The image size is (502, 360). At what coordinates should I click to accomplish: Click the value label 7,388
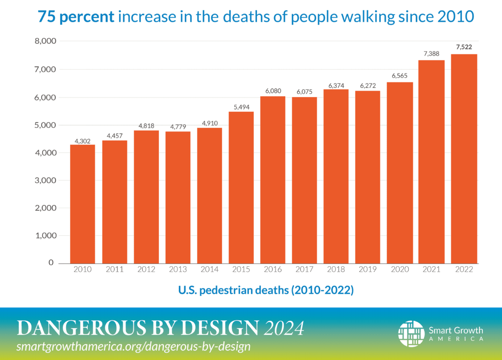coord(431,54)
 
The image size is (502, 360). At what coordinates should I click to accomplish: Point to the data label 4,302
coord(82,141)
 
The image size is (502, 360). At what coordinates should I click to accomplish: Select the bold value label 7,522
coord(463,47)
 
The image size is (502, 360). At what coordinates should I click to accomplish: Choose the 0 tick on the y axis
coord(50,263)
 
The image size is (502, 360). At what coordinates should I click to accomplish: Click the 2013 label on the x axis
coord(177,270)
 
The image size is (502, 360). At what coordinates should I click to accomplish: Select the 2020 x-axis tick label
coord(400,270)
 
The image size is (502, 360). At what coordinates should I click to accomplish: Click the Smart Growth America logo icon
coord(411,334)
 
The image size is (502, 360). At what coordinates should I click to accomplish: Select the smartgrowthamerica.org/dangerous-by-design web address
coord(133,346)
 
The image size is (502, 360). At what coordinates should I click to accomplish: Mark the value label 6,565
coord(400,76)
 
